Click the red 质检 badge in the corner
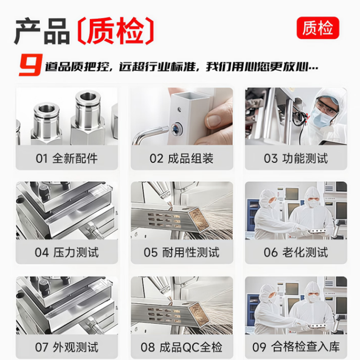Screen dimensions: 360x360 pos(318,28)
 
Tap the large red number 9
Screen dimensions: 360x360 pos(31,65)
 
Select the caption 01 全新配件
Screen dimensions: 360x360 pos(67,158)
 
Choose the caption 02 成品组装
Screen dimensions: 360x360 pos(181,158)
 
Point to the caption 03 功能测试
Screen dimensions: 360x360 pos(296,158)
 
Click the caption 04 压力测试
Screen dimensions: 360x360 pos(67,252)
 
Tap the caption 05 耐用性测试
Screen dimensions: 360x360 pos(181,252)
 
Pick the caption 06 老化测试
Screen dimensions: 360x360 pos(296,252)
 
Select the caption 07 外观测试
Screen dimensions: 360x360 pos(67,346)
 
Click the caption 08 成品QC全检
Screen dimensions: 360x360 pos(181,346)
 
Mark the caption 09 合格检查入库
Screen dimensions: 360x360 pos(296,346)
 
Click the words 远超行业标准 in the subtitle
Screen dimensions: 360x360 pos(157,67)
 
